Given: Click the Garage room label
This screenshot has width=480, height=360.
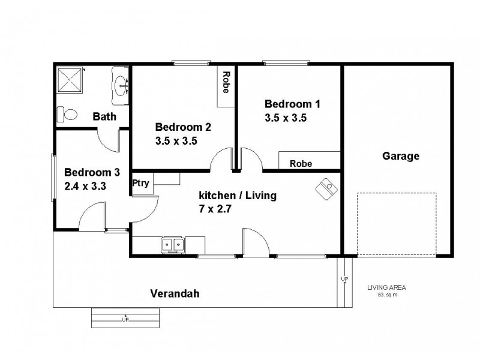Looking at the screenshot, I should pos(400,157).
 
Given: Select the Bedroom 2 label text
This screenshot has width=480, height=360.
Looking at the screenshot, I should pos(182,127).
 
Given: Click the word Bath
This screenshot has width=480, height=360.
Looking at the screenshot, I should pos(104,116).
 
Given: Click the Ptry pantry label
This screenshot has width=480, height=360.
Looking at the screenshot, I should pos(141,183).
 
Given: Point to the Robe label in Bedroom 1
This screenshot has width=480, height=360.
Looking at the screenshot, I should pos(301,163).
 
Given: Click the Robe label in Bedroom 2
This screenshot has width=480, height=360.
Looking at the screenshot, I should pos(226,83).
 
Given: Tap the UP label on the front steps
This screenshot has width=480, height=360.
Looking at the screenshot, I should pos(125,319).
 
